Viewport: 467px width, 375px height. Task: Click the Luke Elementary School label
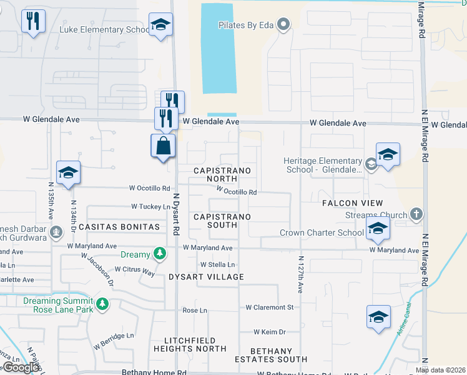[x=104, y=29]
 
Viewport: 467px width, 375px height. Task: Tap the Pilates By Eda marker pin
[x=284, y=25]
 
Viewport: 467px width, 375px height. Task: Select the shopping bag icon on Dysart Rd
[x=163, y=146]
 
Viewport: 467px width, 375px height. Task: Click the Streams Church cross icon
[x=416, y=214]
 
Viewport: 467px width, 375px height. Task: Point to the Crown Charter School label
[x=322, y=233]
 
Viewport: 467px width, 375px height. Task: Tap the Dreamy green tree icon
[x=161, y=254]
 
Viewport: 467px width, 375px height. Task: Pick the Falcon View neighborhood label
[x=352, y=203]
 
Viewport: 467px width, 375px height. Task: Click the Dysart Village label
[x=206, y=276]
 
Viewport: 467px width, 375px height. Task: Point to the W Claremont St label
[x=269, y=307]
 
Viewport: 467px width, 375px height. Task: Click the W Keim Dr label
[x=269, y=332]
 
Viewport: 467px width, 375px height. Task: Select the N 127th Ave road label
[x=300, y=274]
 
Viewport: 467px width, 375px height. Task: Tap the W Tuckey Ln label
[x=150, y=206]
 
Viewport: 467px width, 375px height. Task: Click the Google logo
[x=21, y=367]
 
